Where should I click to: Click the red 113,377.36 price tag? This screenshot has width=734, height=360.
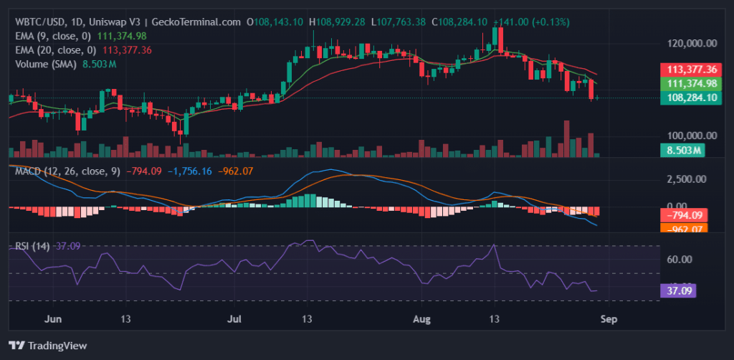[692, 70]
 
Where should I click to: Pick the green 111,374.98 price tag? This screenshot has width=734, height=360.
[692, 83]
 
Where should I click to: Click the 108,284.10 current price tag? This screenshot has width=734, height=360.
[692, 98]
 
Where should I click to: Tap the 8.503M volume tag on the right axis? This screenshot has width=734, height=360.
[680, 150]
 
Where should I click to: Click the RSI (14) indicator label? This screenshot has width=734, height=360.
[32, 246]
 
